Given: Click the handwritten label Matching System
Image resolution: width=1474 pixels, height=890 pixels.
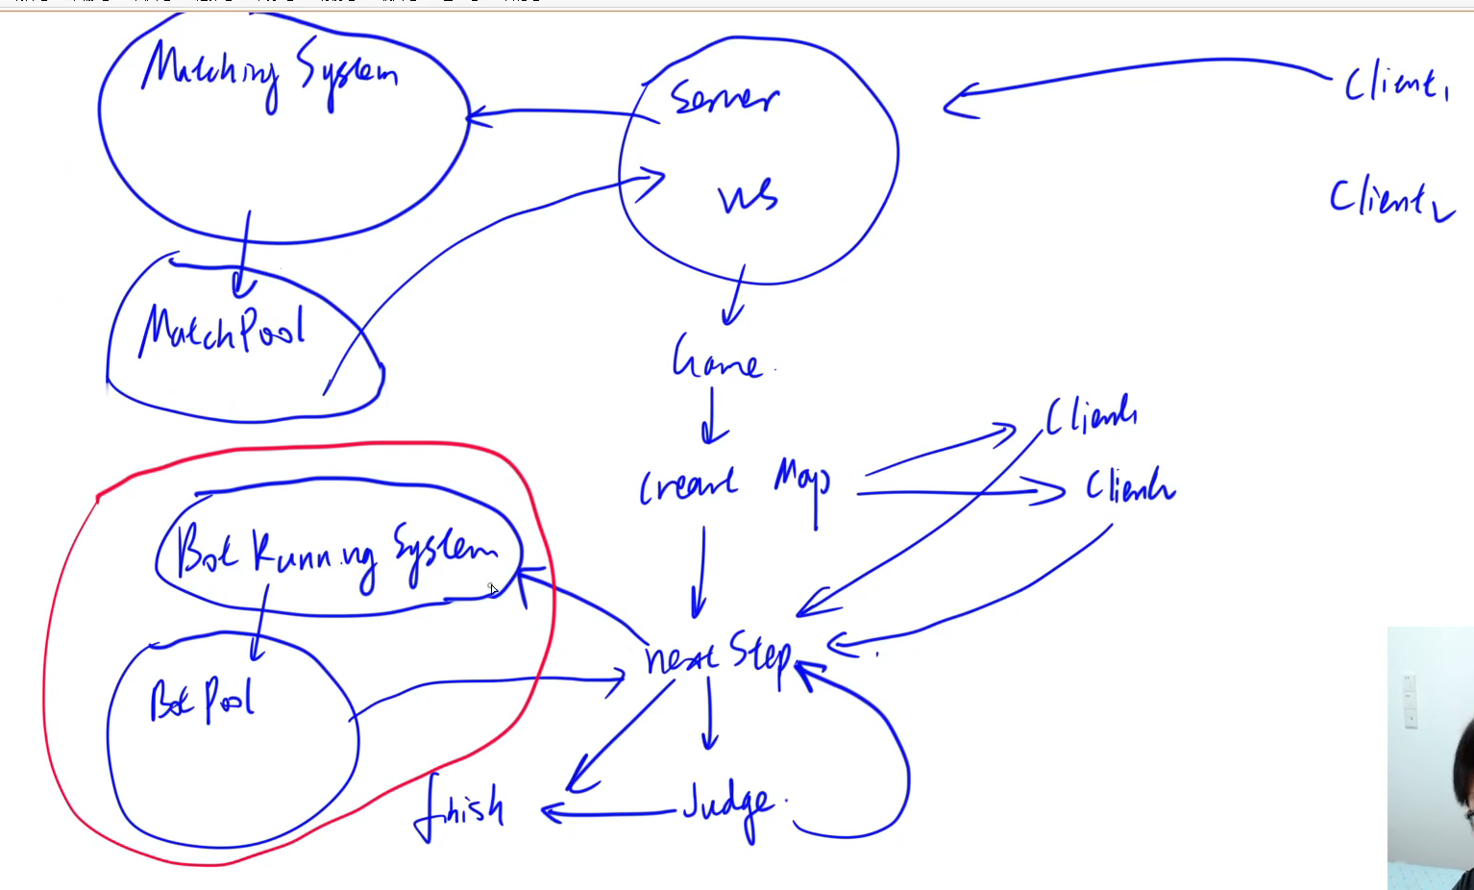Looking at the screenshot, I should tap(269, 73).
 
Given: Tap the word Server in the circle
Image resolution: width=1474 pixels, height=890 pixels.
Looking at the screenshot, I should tap(724, 98).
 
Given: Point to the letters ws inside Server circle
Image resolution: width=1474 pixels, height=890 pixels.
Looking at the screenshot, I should tap(748, 196).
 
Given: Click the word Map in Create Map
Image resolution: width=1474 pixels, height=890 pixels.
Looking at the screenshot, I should tap(803, 481).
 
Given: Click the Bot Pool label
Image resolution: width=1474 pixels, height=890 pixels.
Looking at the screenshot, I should tap(202, 700).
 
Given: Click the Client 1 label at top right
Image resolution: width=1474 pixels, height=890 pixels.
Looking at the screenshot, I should tap(1395, 85).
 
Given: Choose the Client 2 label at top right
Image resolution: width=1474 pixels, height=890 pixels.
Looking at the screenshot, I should tap(1389, 199).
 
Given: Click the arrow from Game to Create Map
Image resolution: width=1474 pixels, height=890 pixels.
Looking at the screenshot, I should tap(711, 415).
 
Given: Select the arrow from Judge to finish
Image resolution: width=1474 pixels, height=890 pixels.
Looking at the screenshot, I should tap(610, 814).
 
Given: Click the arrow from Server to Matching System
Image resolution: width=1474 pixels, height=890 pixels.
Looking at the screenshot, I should tap(562, 114).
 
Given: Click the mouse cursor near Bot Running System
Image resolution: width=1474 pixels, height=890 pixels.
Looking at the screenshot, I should tap(493, 589).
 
